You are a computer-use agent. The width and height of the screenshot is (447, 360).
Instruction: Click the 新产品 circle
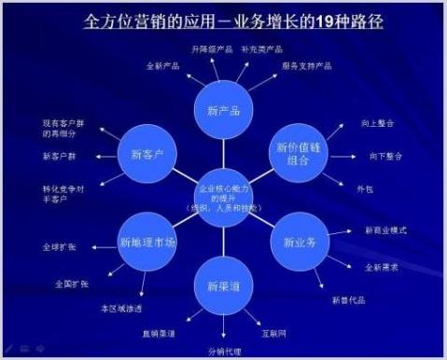(223, 110)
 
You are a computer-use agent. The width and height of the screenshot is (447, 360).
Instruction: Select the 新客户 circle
(147, 154)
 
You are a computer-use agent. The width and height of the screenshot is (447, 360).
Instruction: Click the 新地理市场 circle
(148, 242)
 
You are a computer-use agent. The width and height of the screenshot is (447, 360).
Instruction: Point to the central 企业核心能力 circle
(224, 197)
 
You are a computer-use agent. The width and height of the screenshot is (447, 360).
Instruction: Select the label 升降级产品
(210, 48)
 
